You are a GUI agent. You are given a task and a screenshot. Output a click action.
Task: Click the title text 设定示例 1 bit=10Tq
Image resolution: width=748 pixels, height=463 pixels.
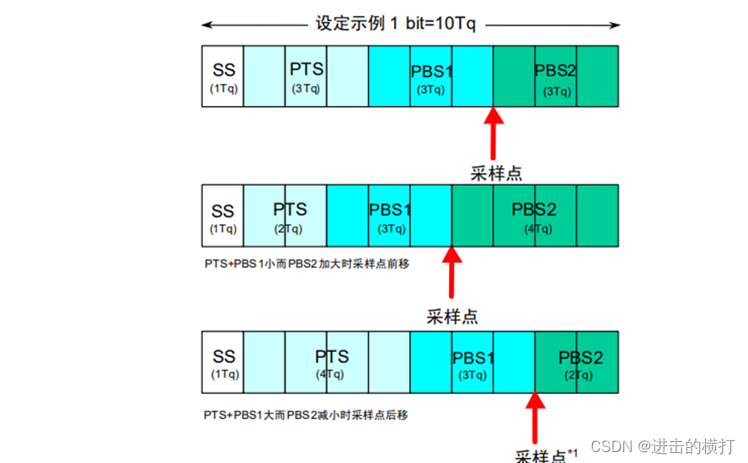pyautogui.click(x=395, y=24)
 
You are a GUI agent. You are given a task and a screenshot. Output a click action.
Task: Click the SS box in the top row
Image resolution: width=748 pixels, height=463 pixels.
pyautogui.click(x=223, y=77)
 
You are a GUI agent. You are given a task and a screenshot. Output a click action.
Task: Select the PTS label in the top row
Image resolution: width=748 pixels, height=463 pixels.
pyautogui.click(x=306, y=69)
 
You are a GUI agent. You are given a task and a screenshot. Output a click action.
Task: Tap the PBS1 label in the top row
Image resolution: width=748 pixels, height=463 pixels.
pyautogui.click(x=430, y=72)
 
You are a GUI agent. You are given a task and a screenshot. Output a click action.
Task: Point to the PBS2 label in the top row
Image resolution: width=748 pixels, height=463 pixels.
pyautogui.click(x=555, y=71)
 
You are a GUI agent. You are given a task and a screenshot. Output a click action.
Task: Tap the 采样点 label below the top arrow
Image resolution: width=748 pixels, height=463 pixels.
pyautogui.click(x=495, y=173)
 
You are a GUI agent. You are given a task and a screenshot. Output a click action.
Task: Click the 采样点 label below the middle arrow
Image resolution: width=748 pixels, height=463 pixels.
pyautogui.click(x=452, y=317)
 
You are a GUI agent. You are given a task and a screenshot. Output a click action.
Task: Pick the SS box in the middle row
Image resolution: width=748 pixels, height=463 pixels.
pyautogui.click(x=223, y=216)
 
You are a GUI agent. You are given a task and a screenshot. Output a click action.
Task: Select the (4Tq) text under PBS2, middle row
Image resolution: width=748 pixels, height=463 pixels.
pyautogui.click(x=537, y=228)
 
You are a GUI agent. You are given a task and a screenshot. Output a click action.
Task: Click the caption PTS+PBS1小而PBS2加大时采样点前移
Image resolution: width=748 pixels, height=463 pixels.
pyautogui.click(x=307, y=263)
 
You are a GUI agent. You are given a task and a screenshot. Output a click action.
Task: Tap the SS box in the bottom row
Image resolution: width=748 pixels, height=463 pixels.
pyautogui.click(x=223, y=363)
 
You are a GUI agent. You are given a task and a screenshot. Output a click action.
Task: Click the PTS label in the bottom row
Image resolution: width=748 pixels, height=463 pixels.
pyautogui.click(x=331, y=357)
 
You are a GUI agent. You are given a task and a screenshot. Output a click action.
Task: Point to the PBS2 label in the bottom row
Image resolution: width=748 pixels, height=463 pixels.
pyautogui.click(x=580, y=358)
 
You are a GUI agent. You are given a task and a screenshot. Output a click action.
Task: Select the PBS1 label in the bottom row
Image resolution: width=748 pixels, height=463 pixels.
pyautogui.click(x=473, y=358)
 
